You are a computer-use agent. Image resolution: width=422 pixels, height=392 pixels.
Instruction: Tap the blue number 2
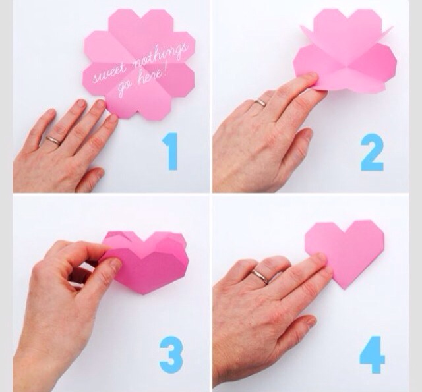tap(372, 152)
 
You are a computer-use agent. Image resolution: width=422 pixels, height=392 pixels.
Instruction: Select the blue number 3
tap(171, 354)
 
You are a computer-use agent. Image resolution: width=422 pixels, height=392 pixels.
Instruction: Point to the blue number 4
tap(373, 354)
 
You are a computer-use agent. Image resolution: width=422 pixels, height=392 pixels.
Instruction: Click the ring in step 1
tap(53, 140)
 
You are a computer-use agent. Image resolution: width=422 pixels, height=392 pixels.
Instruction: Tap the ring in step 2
tap(260, 102)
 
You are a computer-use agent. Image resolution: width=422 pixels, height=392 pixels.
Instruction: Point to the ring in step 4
tap(260, 276)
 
